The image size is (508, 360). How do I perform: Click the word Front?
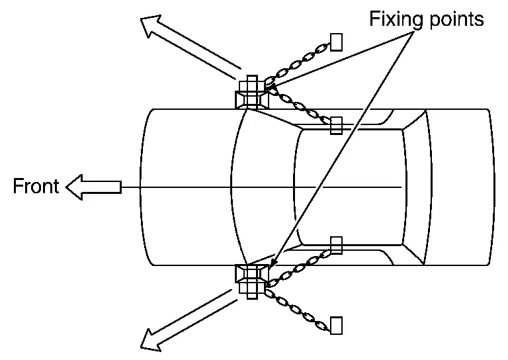(x=36, y=187)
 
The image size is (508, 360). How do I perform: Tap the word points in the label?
(x=454, y=20)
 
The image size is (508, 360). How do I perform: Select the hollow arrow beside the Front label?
(x=93, y=187)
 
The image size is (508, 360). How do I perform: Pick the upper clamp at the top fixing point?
(x=251, y=93)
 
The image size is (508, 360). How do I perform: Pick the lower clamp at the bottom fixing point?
(x=251, y=282)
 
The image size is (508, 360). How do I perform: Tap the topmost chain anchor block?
(x=337, y=42)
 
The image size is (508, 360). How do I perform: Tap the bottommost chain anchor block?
(x=337, y=325)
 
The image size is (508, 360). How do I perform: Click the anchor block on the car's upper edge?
(x=336, y=124)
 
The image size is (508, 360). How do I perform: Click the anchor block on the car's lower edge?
(x=336, y=246)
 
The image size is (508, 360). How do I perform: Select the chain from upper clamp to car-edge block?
(x=298, y=106)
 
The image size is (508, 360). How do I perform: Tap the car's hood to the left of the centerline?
(x=185, y=152)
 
